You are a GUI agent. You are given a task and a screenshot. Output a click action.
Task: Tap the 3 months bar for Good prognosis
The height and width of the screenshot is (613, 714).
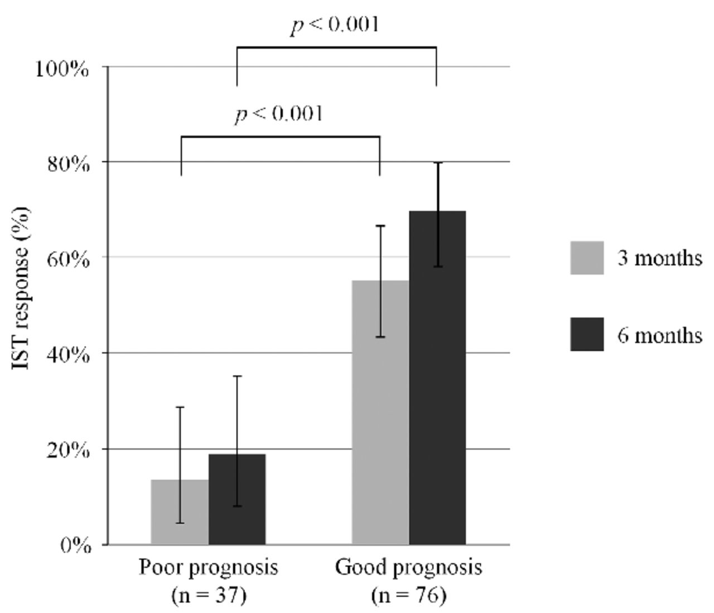click(380, 412)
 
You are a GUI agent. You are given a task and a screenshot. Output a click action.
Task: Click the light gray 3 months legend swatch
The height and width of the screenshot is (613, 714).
click(587, 258)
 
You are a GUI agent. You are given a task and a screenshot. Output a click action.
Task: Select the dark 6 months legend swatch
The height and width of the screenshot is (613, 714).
click(587, 335)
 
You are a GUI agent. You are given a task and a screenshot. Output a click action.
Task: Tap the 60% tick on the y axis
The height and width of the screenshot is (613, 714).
click(67, 260)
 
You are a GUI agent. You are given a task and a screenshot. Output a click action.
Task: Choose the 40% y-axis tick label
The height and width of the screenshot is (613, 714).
click(67, 355)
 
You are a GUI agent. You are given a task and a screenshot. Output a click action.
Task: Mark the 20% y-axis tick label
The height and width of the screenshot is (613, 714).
click(67, 451)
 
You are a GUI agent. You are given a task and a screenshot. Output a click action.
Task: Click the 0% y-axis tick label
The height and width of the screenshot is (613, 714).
click(75, 546)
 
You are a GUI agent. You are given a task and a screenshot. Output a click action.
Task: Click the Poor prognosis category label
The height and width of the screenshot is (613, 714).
click(209, 568)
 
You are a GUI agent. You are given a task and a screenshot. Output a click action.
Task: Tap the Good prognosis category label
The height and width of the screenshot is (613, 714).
click(408, 568)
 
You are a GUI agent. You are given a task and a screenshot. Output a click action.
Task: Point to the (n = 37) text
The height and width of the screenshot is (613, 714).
click(209, 596)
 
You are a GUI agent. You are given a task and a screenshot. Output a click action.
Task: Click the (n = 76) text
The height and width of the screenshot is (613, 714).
click(408, 596)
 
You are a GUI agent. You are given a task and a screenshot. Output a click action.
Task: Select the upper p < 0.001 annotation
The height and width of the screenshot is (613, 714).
click(335, 25)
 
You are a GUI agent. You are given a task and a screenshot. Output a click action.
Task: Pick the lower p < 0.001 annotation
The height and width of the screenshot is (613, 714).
click(279, 114)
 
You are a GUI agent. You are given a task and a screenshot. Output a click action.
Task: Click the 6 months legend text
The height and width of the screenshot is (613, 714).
click(659, 335)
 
